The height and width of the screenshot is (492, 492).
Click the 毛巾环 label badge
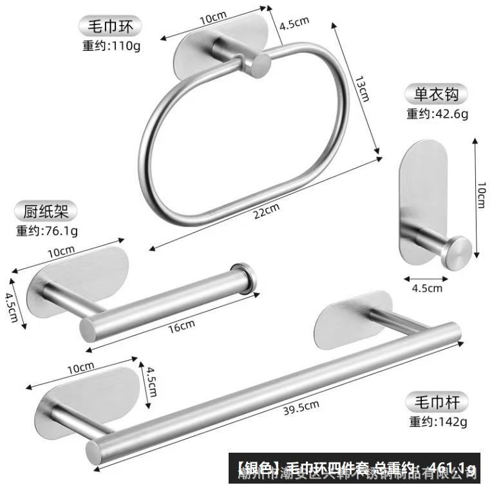pos(106,27)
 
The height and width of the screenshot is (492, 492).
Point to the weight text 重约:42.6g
pos(437,114)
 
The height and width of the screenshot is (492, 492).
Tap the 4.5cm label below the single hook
pos(428,288)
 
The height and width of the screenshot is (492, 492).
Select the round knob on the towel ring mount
pos(260,65)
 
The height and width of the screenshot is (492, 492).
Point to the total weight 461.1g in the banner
pos(454,467)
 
